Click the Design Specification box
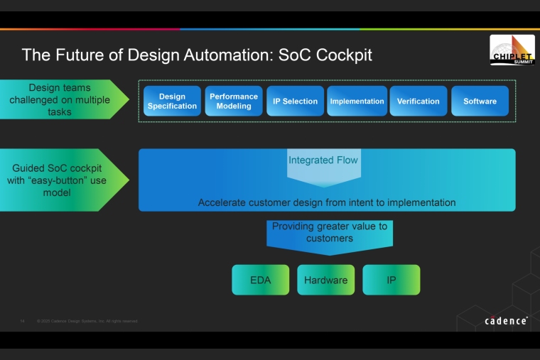[x=172, y=101]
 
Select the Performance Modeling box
[x=234, y=101]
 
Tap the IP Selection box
[x=295, y=101]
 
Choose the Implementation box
[x=357, y=101]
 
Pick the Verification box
[x=418, y=101]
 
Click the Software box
[x=480, y=101]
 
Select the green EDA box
[x=260, y=280]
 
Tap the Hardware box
[x=325, y=280]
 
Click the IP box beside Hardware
[x=391, y=280]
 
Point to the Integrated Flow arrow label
[x=323, y=160]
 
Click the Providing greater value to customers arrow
[x=329, y=233]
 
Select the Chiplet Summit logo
[x=512, y=50]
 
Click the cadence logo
[x=506, y=321]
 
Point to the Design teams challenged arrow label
[x=60, y=99]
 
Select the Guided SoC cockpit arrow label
[x=57, y=180]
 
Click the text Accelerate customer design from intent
[x=327, y=202]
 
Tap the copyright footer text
[x=87, y=321]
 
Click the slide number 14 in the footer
[x=22, y=321]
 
